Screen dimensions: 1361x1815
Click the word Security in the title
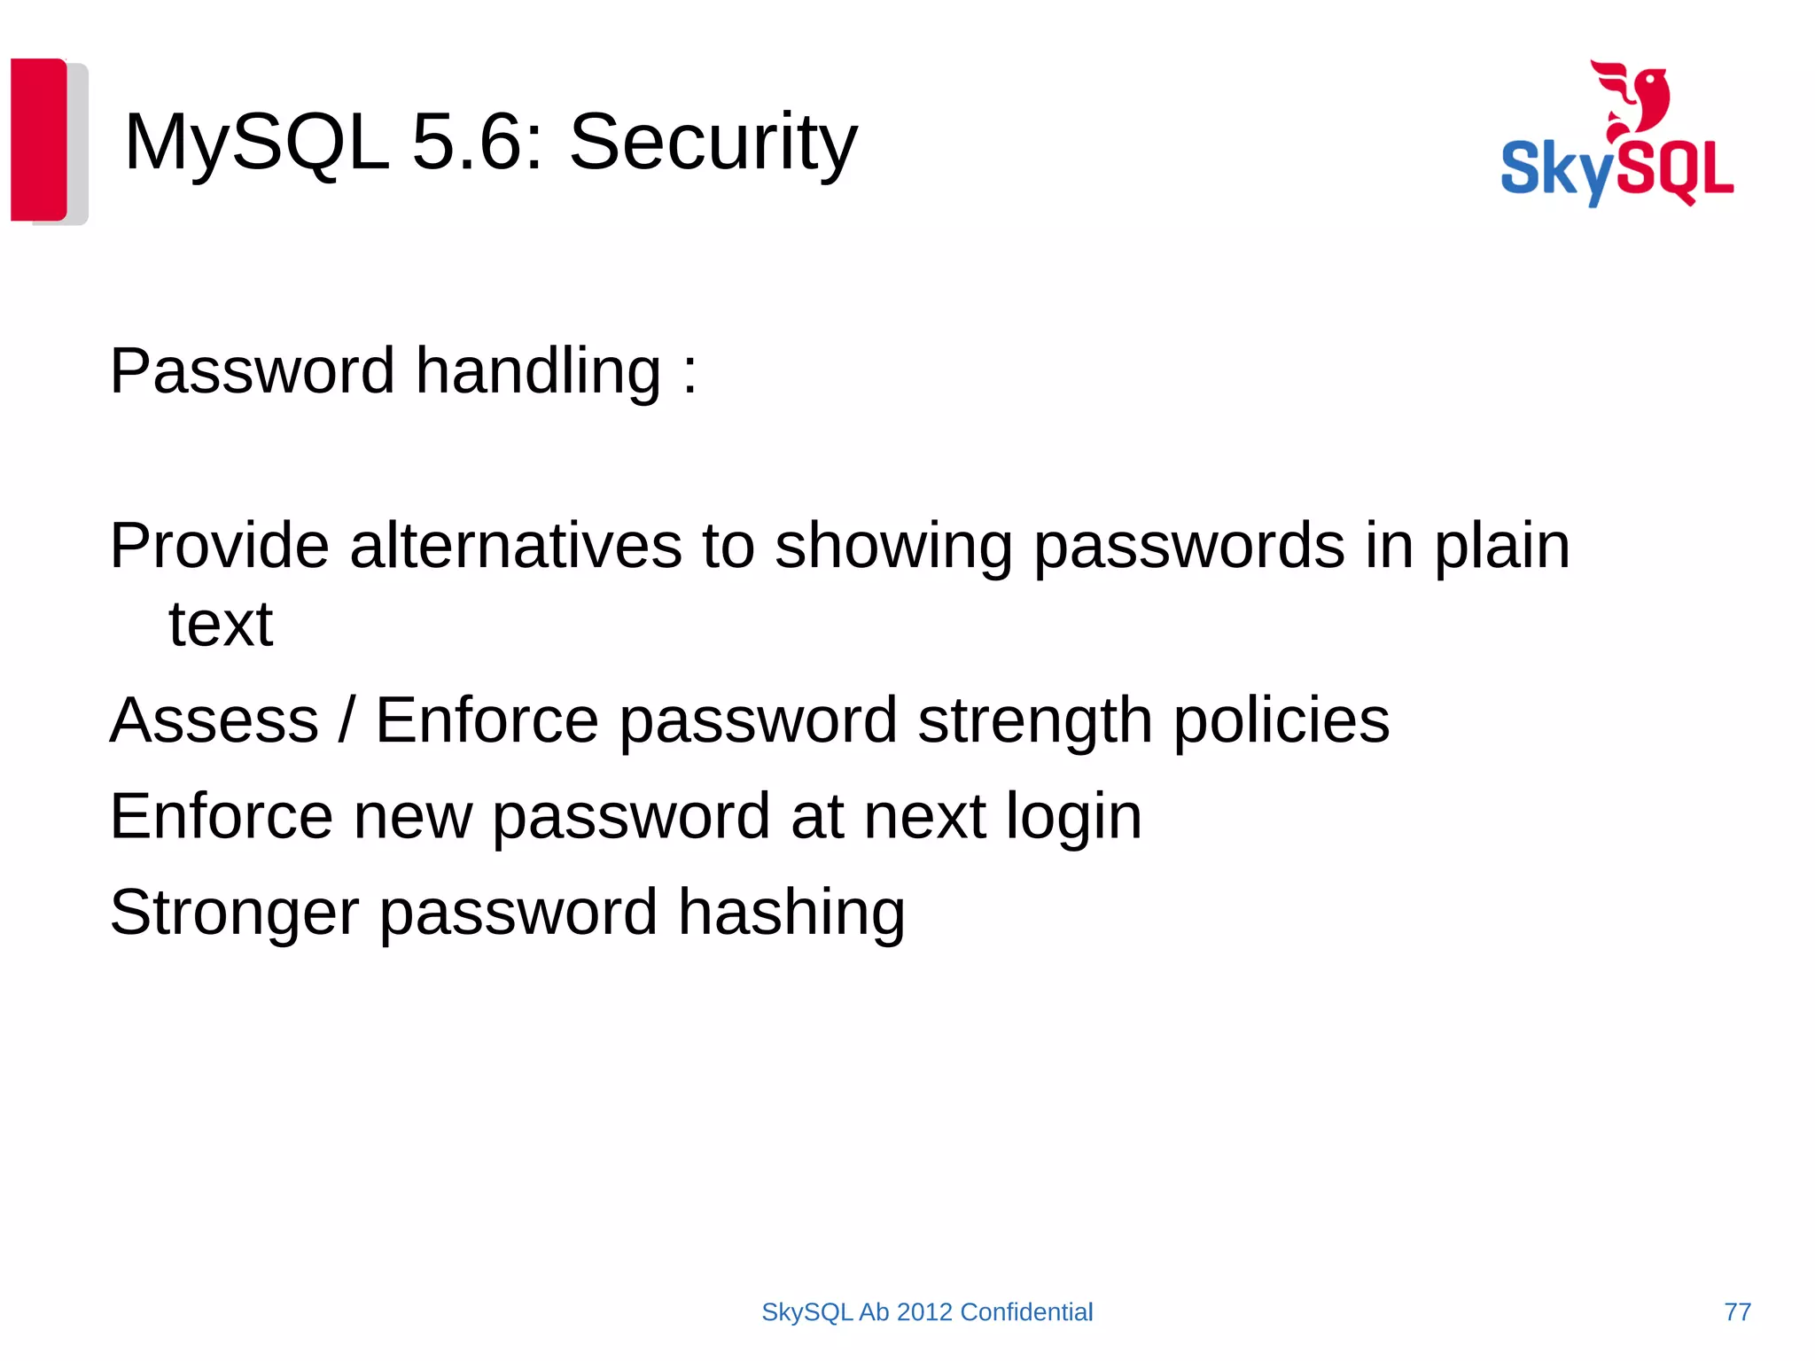[713, 143]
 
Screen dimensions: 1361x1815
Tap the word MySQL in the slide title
[256, 143]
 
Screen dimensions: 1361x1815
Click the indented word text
[221, 624]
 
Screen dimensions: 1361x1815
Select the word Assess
[214, 719]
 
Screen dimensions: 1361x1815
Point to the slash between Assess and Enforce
[347, 719]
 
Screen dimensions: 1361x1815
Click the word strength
[1035, 719]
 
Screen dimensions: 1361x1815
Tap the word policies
[1281, 719]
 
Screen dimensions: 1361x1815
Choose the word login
[1074, 816]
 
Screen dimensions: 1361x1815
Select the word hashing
[791, 912]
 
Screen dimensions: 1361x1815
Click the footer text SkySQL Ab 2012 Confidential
[927, 1312]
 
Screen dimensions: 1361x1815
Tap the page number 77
[1738, 1312]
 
